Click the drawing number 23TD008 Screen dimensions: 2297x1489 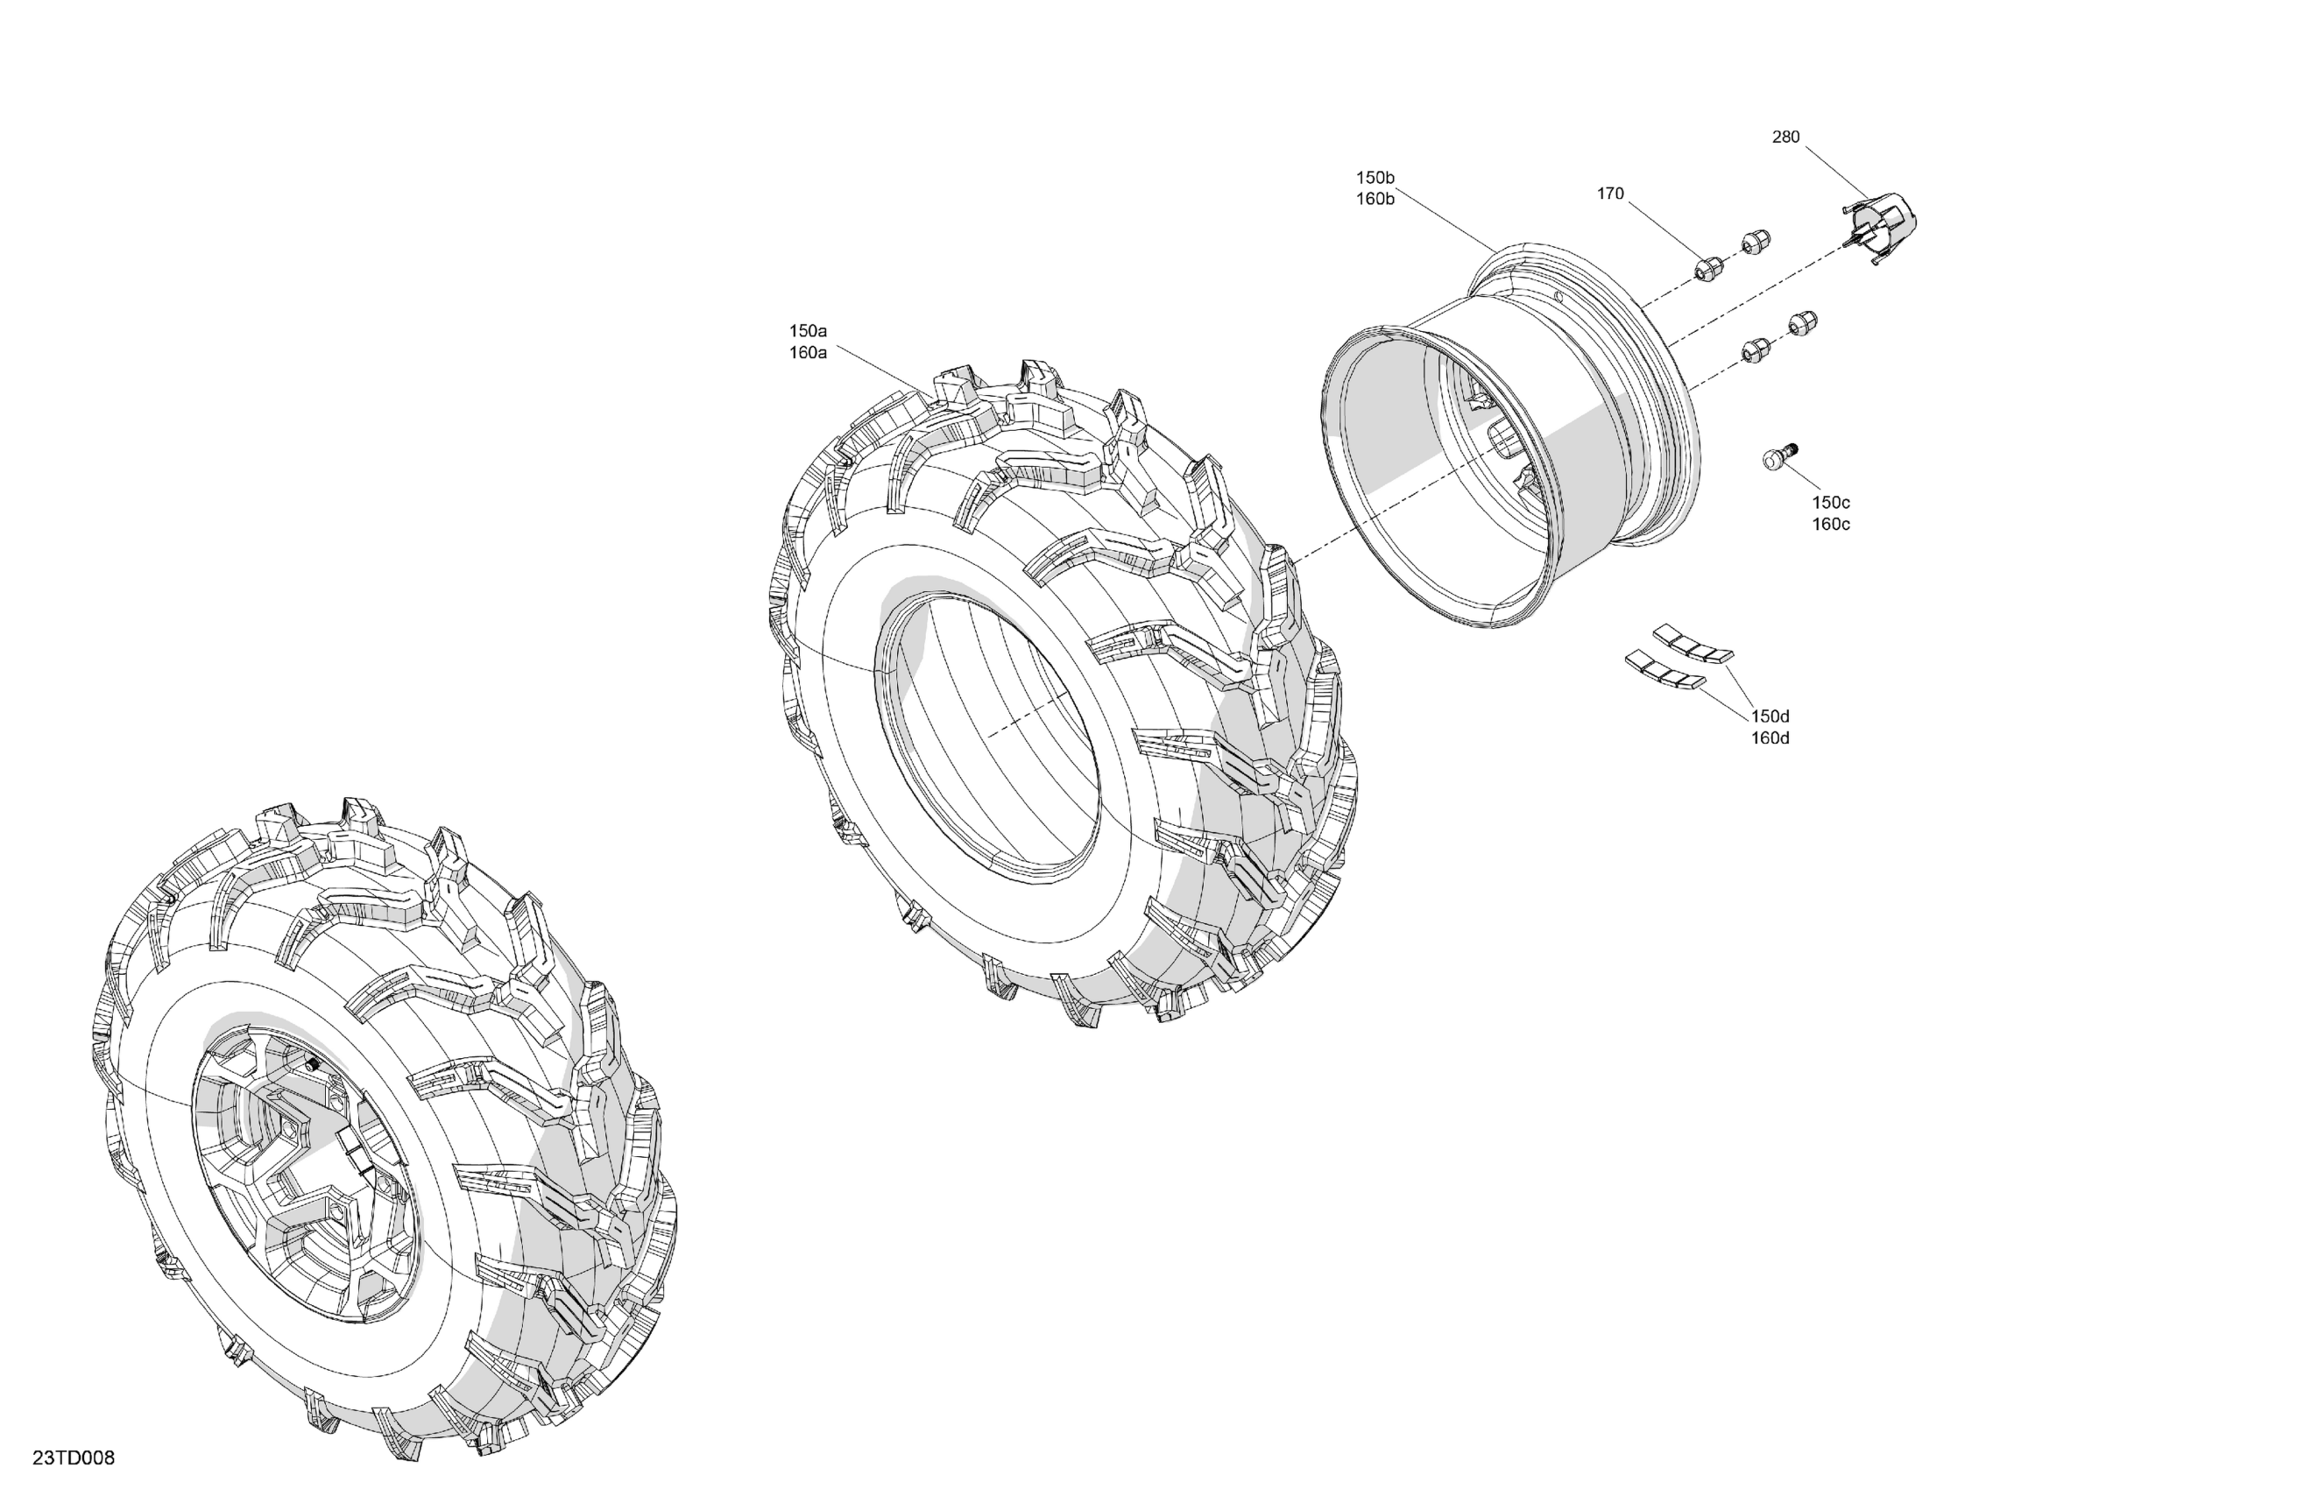74,1457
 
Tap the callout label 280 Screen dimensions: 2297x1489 1785,137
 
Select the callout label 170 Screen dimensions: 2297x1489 1610,194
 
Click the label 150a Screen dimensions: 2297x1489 808,331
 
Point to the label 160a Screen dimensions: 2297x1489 808,353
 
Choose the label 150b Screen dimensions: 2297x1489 1375,178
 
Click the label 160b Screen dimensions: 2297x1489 1375,200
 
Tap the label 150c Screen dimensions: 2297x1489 1830,503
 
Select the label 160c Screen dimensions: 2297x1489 1830,525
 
